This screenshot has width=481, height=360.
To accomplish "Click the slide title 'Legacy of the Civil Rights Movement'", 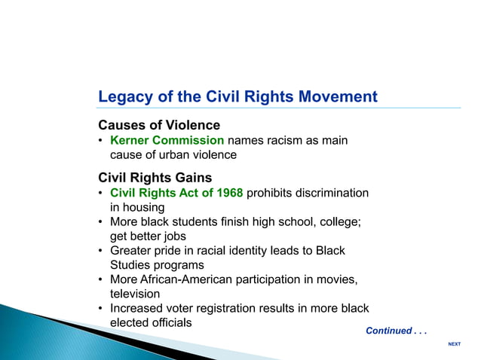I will tap(237, 97).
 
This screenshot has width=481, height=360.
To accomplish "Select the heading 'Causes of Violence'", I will tap(159, 125).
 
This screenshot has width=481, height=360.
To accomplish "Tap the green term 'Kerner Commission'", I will tap(167, 140).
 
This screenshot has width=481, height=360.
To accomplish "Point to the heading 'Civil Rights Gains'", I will tap(155, 178).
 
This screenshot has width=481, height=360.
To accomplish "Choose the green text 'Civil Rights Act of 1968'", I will tap(176, 193).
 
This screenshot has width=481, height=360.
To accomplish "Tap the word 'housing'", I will tap(144, 207).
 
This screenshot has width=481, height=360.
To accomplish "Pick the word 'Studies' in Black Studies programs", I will tap(130, 265).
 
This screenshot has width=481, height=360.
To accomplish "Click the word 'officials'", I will tap(170, 322).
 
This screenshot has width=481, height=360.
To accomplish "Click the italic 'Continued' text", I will tap(388, 331).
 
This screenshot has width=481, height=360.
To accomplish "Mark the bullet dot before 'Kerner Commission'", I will tap(101, 141).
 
